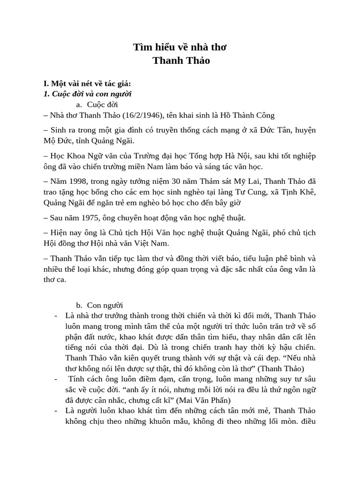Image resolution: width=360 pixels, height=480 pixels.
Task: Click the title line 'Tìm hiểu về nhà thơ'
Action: [180, 47]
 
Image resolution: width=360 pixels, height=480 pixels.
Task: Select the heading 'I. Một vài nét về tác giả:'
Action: [87, 84]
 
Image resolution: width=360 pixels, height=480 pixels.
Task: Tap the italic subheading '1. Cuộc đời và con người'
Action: [88, 94]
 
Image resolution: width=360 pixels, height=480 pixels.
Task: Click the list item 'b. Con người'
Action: [99, 306]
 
